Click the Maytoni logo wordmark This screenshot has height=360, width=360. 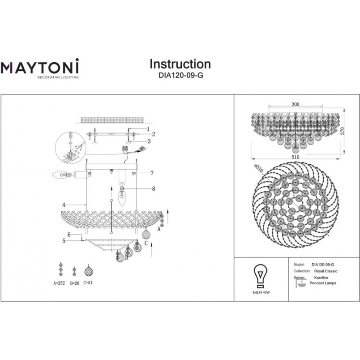coord(40,66)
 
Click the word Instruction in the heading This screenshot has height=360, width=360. coord(180,64)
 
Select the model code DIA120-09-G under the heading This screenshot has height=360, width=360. coord(181,75)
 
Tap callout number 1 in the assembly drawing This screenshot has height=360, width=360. coord(148,129)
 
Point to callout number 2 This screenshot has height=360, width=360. coord(154,134)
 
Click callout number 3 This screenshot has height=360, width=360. coord(149,141)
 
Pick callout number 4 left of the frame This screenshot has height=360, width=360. coord(64,205)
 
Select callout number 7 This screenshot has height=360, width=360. coord(152,173)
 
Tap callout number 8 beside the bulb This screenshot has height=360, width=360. coord(154,189)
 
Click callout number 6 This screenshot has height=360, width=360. coord(69,235)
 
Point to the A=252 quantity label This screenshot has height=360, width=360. coord(59,283)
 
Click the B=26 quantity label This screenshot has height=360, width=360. coord(75,283)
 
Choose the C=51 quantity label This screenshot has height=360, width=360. coord(88,283)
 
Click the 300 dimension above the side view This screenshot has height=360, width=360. coord(296,104)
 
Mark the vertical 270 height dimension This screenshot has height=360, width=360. coord(343,131)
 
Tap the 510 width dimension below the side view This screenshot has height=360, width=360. coord(296,157)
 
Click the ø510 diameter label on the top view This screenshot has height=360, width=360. coord(259,169)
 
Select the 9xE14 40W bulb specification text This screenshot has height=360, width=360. coord(261,292)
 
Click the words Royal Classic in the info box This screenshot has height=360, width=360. coord(326,271)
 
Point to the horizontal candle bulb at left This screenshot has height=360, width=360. coord(61,175)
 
